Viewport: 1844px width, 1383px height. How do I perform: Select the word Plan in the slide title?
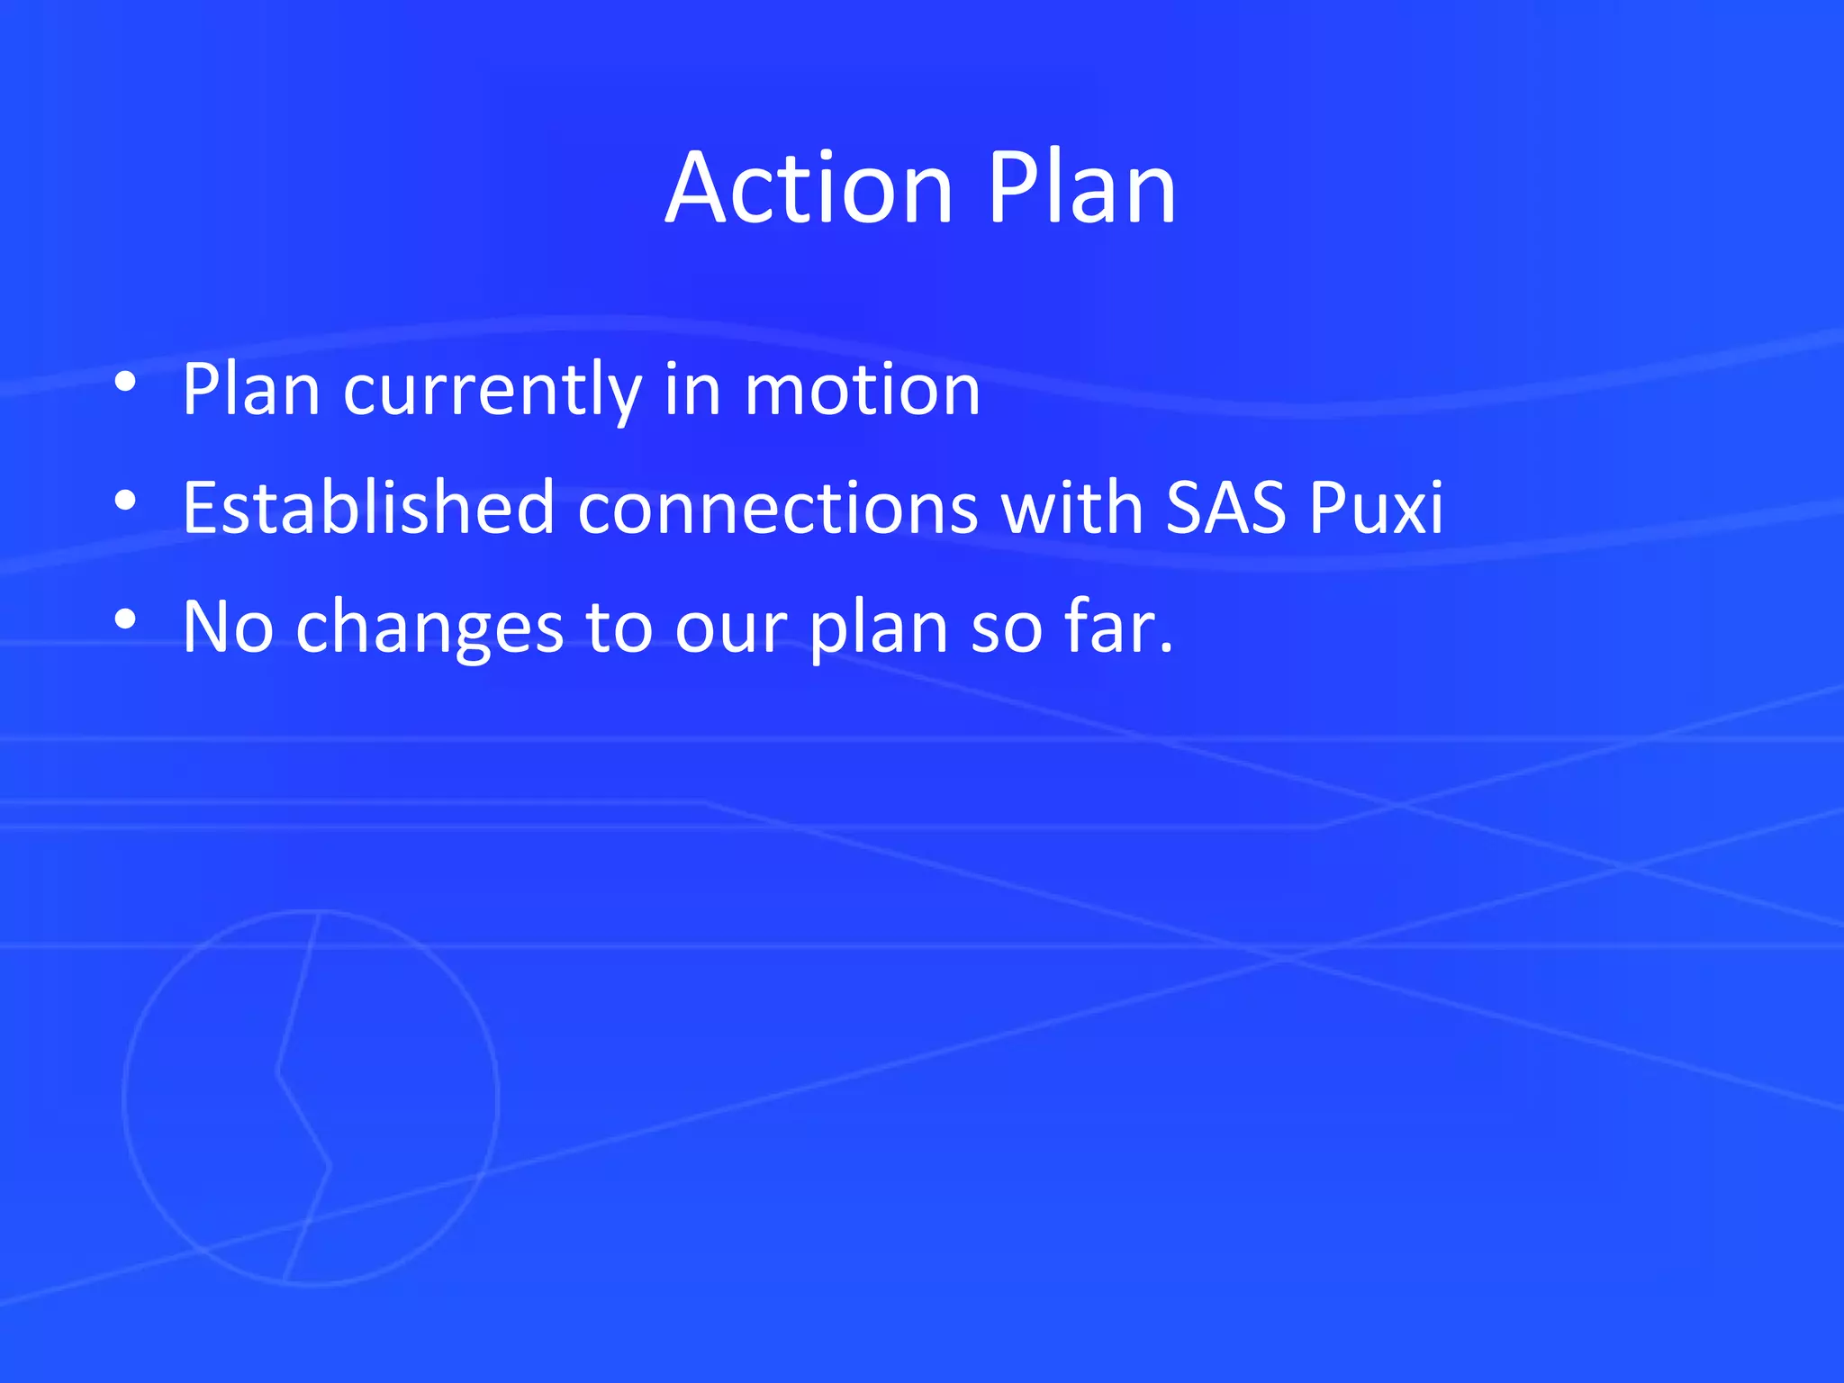tap(1081, 189)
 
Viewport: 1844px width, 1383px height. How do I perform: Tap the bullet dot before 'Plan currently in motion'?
tap(125, 383)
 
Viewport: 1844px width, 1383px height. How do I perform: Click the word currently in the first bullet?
tap(492, 391)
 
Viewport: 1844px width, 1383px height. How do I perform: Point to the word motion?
tap(862, 391)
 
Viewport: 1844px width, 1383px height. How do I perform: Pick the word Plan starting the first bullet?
tap(251, 391)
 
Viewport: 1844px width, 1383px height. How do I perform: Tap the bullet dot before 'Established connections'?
tap(125, 501)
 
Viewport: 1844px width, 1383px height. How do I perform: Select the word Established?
tap(367, 508)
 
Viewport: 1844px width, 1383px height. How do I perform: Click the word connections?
tap(777, 508)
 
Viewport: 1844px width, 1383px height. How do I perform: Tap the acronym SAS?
tap(1225, 508)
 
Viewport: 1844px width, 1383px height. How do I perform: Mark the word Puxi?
tap(1376, 508)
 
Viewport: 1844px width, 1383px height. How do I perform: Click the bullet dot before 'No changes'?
tap(125, 619)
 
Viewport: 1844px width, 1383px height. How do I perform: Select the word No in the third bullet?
tap(228, 627)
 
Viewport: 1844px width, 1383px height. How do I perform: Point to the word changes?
tap(429, 628)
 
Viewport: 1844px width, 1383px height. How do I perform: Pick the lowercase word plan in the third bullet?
tap(879, 628)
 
